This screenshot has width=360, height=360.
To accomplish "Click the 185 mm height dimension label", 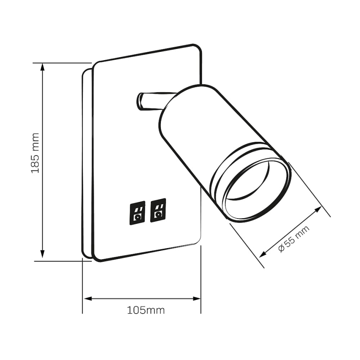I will (x=35, y=153).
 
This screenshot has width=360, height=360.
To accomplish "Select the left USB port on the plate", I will (x=137, y=213).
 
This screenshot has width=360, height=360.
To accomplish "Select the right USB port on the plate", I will (x=158, y=210).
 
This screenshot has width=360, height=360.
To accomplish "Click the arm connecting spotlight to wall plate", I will (x=151, y=101).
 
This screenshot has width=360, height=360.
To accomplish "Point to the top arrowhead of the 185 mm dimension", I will (x=42, y=68).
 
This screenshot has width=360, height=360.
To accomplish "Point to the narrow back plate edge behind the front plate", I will (x=87, y=166).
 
